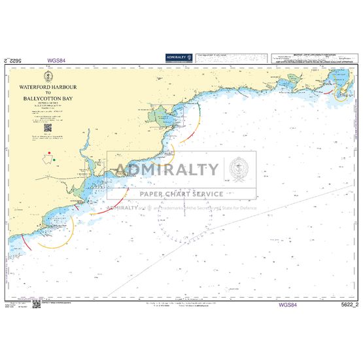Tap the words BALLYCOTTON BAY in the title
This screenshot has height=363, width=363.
[49, 99]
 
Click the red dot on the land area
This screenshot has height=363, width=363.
[49, 152]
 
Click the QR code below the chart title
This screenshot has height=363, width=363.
[48, 128]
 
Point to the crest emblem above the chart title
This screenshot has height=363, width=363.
[49, 78]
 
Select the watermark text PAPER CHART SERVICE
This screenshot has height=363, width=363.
[181, 194]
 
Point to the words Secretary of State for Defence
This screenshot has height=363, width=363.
[222, 209]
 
